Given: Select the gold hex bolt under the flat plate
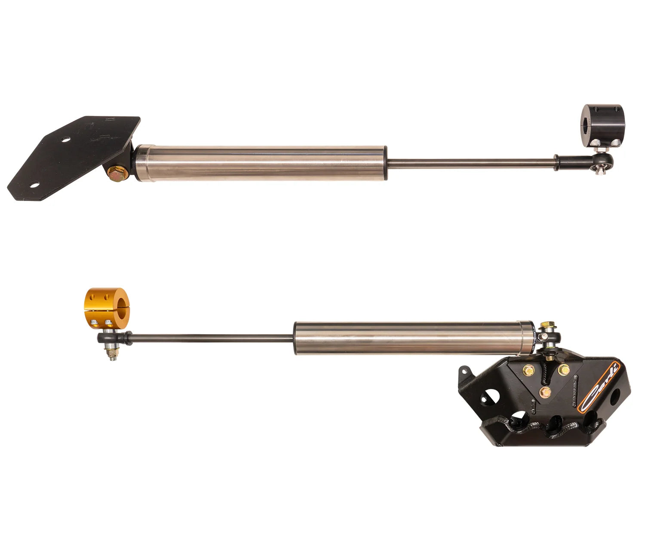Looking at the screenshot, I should coord(116,174).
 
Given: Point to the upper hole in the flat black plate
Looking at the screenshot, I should coord(65,140).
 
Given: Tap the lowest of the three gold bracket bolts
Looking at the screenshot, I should coord(546,391).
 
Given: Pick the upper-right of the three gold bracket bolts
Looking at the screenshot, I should coord(562,369).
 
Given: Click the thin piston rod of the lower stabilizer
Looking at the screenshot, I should coord(211,338).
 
